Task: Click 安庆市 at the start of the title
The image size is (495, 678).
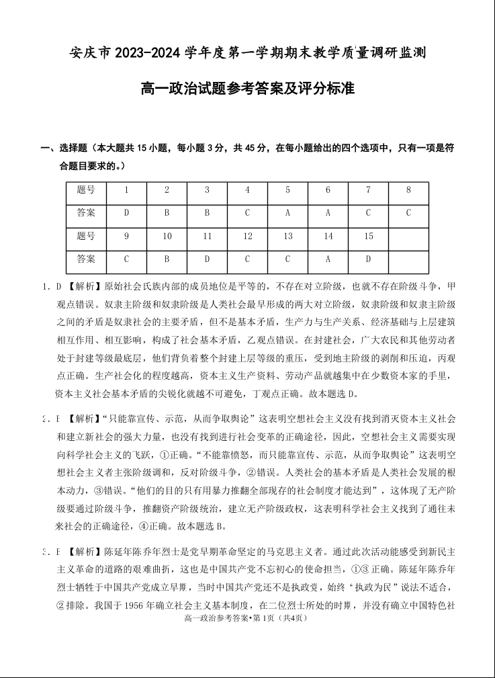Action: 91,53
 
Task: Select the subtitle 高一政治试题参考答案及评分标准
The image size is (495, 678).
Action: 247,88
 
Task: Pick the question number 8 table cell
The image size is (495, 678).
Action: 408,190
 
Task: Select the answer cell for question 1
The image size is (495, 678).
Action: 126,213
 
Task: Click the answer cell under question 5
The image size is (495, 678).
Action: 287,213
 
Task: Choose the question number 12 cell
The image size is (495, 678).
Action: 247,236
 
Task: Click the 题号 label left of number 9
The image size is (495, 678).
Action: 86,236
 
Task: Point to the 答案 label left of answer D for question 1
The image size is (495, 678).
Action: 86,213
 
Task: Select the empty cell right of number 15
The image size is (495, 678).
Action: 408,236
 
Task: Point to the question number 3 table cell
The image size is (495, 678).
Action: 207,190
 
